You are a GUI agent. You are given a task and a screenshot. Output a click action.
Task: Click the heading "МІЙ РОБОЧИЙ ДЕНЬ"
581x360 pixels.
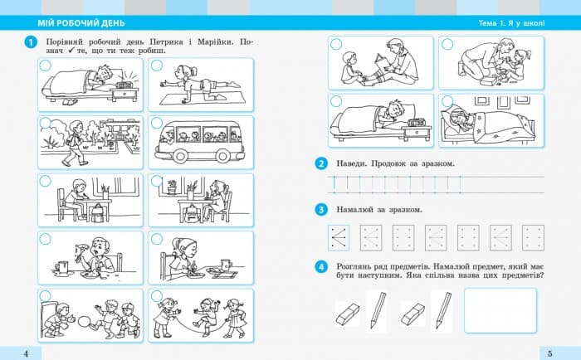pos(81,23)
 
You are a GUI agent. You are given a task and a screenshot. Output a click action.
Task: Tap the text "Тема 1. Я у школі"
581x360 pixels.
pos(512,23)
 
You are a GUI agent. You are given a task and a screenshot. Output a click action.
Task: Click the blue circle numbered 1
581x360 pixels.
pos(31,42)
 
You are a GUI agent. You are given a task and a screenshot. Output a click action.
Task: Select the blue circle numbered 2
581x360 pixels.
pos(321,163)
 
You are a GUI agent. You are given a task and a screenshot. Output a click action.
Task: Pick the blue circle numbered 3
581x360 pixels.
pos(321,210)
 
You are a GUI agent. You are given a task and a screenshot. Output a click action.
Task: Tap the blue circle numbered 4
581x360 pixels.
pos(321,266)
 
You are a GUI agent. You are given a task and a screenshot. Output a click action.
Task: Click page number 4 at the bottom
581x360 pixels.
pos(26,353)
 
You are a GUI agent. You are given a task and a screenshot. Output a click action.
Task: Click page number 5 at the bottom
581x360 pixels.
pos(549,353)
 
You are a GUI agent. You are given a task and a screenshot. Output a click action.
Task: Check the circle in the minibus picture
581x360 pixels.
pos(157,123)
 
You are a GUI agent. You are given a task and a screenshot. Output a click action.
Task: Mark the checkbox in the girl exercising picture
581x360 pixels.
pos(157,66)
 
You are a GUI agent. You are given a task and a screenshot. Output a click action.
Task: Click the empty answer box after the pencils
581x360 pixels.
pos(500,310)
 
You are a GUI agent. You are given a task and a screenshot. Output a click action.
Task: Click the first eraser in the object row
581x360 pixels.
pos(348,314)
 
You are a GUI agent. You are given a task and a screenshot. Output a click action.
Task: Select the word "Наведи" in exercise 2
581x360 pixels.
pos(352,163)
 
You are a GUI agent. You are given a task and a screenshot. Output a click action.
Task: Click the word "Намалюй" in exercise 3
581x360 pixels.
pos(354,210)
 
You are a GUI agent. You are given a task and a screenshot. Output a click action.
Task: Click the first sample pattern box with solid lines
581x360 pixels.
pos(339,238)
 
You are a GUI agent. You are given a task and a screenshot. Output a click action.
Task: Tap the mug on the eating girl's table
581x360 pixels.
pos(226,265)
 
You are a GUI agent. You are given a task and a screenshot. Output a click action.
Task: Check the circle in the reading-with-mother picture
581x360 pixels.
pos(335,45)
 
